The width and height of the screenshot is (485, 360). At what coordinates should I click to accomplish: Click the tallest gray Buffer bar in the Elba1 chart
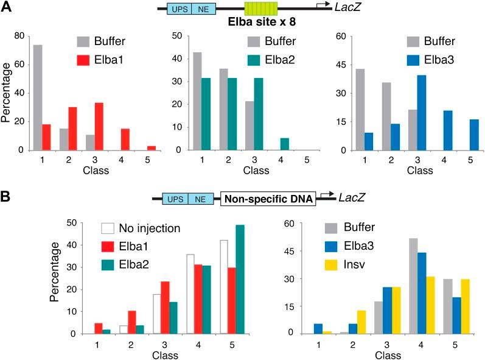tap(38, 97)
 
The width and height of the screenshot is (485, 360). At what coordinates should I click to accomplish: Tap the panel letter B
tap(7, 197)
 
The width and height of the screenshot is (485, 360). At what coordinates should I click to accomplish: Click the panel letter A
tap(7, 8)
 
